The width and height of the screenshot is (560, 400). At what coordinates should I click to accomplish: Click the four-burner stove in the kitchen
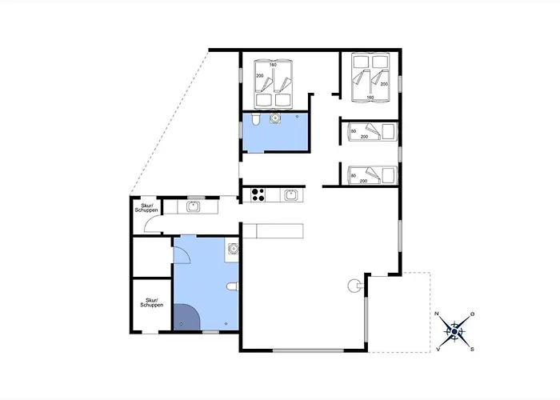[258, 194]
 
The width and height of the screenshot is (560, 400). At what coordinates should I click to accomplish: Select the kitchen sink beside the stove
[291, 194]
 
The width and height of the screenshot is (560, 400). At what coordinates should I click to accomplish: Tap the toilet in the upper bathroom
[254, 120]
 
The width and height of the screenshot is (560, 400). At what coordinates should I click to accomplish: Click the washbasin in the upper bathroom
[275, 119]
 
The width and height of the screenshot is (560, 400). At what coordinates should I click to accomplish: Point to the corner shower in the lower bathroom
[185, 318]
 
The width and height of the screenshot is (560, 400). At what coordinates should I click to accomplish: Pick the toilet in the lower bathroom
[232, 286]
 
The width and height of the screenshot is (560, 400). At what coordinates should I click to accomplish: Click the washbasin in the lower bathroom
[233, 249]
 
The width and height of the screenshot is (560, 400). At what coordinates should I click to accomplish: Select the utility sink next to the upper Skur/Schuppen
[194, 206]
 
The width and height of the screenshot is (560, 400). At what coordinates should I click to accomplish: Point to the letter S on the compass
[472, 349]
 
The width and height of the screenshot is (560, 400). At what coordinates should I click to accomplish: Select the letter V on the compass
[439, 349]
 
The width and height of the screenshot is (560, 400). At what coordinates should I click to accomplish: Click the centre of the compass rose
[455, 330]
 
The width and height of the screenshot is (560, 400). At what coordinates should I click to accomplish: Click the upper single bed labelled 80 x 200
[370, 132]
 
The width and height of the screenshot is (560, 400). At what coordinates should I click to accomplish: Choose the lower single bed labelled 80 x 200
[370, 175]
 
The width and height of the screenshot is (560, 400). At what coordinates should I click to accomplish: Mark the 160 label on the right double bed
[370, 98]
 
